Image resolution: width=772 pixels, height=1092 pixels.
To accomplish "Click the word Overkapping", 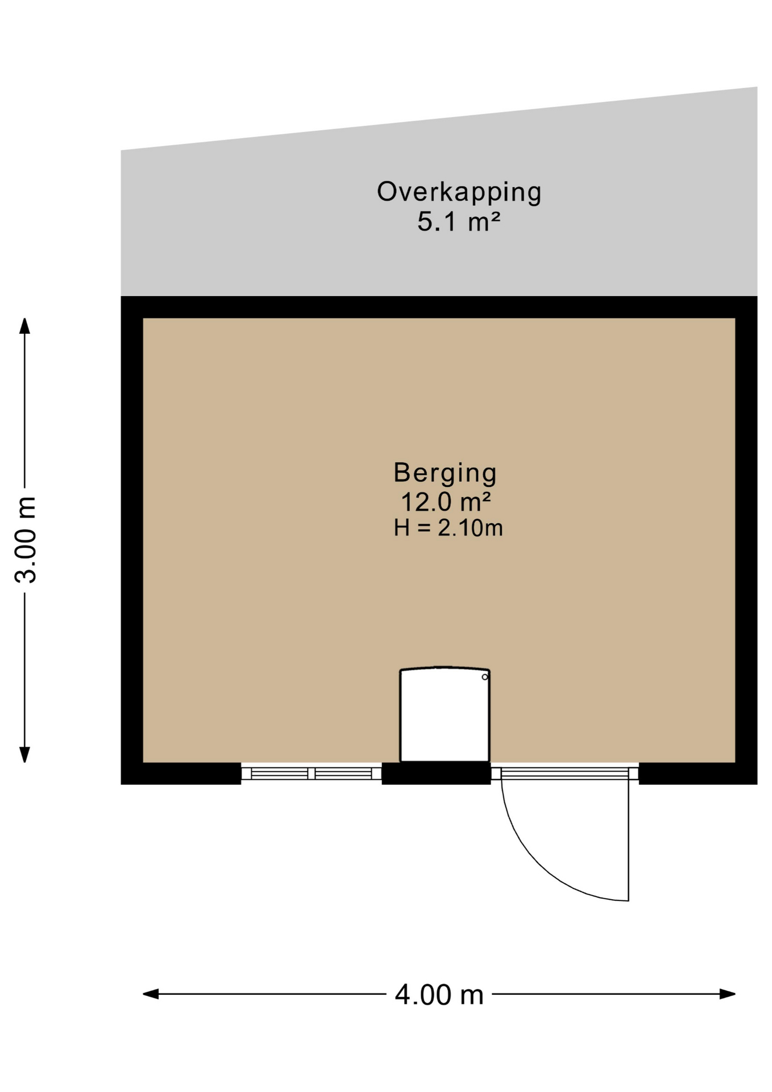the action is (459, 192).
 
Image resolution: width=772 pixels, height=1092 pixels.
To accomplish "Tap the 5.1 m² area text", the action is (459, 221).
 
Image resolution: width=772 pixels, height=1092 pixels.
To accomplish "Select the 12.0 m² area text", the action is (446, 502).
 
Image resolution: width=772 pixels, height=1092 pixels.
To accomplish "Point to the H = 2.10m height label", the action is (448, 528).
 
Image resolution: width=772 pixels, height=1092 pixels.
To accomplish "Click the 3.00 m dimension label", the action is (26, 539).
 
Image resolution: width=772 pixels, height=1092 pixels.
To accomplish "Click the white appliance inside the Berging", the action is (445, 714).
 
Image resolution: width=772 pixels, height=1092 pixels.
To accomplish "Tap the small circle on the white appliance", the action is (485, 677).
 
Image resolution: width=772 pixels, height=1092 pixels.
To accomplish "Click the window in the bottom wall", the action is (312, 773).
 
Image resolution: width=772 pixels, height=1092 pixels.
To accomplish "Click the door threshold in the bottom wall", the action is (565, 773).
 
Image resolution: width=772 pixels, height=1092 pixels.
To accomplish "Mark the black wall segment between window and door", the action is (436, 773).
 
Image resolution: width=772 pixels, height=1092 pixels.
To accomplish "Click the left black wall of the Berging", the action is (131, 540).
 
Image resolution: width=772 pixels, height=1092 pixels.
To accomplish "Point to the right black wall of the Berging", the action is (746, 540).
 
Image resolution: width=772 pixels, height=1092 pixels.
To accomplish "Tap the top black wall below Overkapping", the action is (439, 307).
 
